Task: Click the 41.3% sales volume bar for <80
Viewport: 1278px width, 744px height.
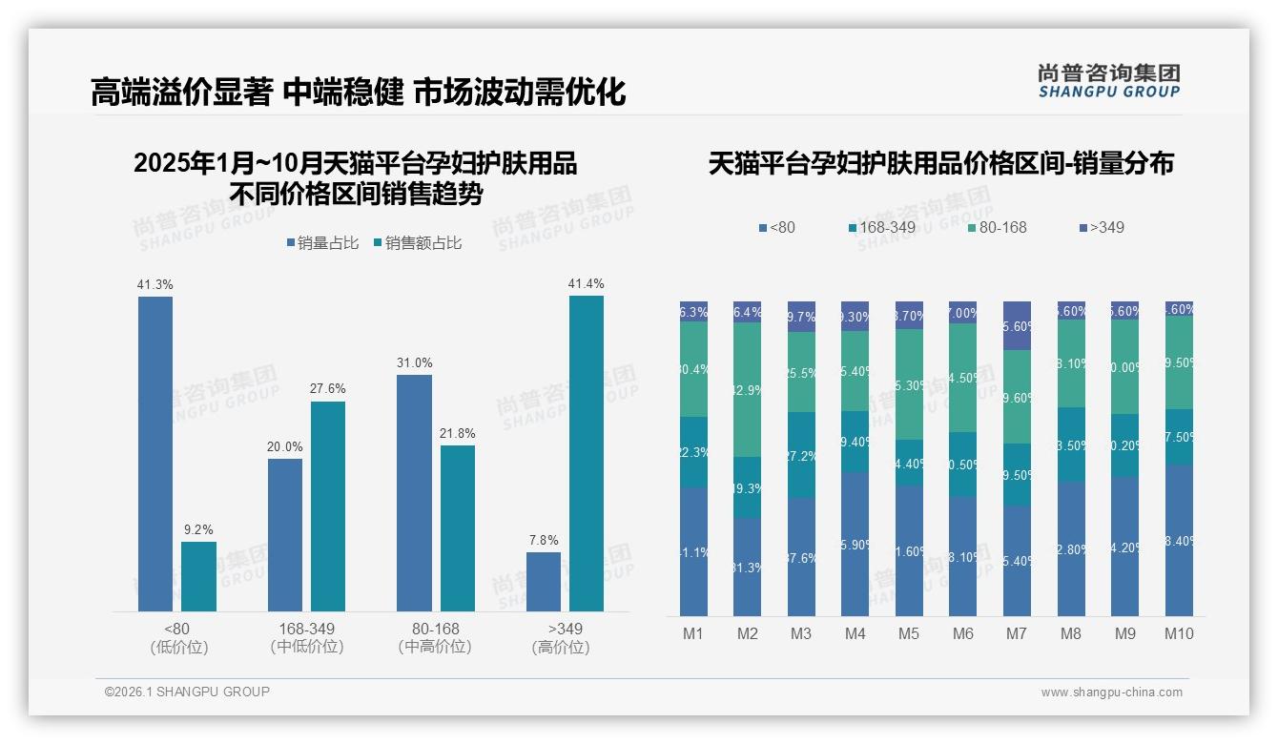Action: tap(155, 453)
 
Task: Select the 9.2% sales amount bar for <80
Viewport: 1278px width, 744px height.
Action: tap(198, 576)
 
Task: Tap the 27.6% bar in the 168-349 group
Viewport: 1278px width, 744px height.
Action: tap(328, 506)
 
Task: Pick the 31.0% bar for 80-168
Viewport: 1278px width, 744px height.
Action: tap(414, 492)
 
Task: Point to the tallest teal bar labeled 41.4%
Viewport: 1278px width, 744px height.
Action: tap(586, 453)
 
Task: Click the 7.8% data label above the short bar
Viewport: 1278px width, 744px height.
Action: tap(544, 540)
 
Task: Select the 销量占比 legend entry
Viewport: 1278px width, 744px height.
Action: tap(322, 243)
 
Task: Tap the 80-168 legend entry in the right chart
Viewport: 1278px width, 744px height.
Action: tap(996, 227)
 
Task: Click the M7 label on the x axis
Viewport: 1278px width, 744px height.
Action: tap(1017, 633)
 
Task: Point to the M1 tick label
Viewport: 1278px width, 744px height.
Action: tap(693, 633)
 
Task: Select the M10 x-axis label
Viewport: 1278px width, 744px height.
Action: tap(1179, 633)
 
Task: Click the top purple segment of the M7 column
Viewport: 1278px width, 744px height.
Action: tap(1018, 325)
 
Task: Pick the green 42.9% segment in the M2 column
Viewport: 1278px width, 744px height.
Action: tap(748, 389)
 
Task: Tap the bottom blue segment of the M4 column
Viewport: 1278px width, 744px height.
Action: tap(855, 544)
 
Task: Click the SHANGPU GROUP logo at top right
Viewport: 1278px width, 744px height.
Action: tap(1108, 81)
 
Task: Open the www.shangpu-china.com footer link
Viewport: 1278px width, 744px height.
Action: tap(1111, 692)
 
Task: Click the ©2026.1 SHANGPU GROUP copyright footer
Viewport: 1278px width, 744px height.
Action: tap(187, 692)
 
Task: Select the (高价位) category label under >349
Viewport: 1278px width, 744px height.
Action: tap(561, 647)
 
